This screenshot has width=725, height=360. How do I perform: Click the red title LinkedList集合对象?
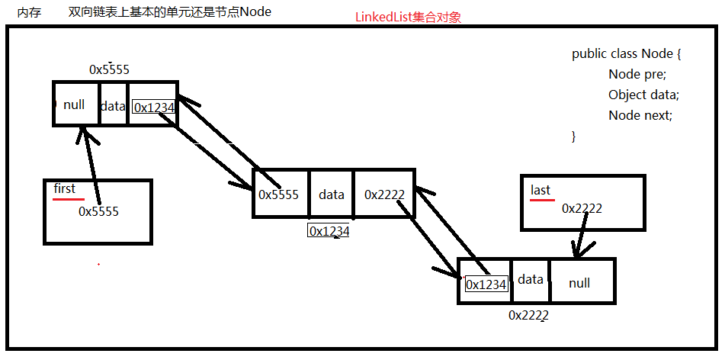(x=408, y=17)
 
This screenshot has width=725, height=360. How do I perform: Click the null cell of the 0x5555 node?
(x=75, y=104)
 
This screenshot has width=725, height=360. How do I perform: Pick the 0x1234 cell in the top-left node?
(x=154, y=108)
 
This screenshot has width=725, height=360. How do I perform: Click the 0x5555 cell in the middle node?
(x=280, y=194)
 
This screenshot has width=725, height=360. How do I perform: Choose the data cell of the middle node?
(x=332, y=194)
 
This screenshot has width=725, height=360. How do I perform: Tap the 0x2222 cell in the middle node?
(x=384, y=194)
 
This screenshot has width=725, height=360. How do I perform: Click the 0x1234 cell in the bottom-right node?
(x=486, y=284)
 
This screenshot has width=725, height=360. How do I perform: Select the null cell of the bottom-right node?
(x=579, y=283)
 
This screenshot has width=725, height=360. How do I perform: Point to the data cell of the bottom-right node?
(x=531, y=280)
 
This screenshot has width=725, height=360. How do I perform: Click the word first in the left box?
(x=64, y=188)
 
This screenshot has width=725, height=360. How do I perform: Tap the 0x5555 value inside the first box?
(x=98, y=211)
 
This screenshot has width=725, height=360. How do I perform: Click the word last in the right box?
(x=541, y=190)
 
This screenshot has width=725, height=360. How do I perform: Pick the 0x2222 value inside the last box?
(x=582, y=207)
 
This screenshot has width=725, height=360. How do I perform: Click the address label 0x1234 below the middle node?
(x=329, y=231)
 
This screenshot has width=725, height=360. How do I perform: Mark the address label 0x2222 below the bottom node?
(x=529, y=314)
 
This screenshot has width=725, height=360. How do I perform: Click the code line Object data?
(x=643, y=95)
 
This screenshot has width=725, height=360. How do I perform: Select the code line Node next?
(x=640, y=115)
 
